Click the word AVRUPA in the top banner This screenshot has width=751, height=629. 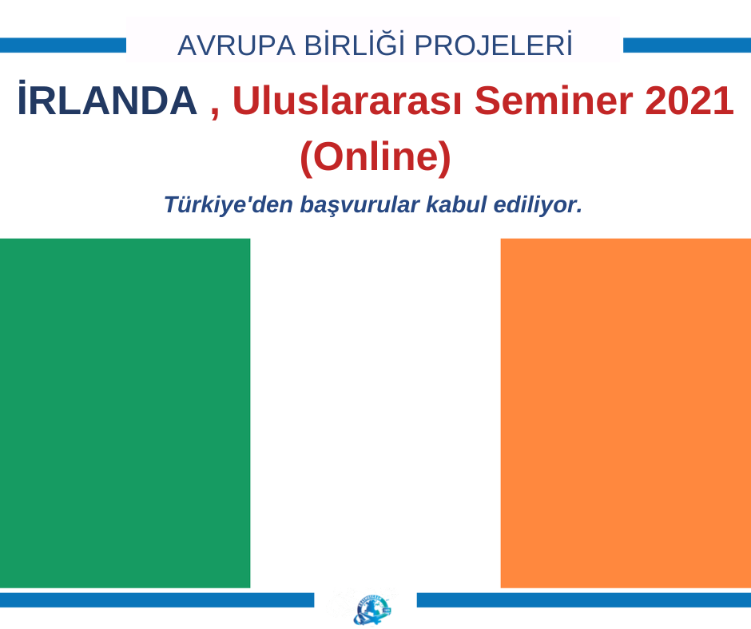coord(236,46)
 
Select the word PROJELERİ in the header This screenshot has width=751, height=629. coord(493,45)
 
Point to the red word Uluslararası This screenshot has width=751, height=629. coord(348,101)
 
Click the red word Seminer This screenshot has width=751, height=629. coord(554,101)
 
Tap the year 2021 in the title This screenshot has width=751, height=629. coord(689,101)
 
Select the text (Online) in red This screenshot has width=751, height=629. coord(375,156)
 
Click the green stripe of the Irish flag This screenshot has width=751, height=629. coord(125,413)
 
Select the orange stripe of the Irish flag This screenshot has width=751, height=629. coord(626,413)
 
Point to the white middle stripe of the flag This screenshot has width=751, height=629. coord(375,413)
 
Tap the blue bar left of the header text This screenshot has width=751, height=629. coord(63,45)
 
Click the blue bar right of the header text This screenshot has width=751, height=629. coord(687,45)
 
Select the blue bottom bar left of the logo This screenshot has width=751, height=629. coord(157,600)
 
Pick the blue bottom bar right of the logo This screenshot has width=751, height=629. coord(584,600)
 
